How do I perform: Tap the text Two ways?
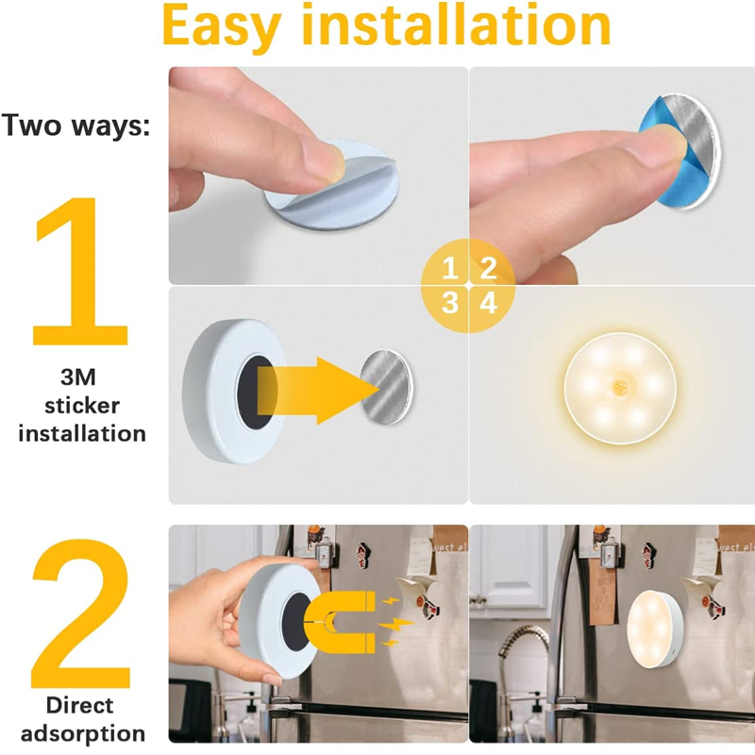76,126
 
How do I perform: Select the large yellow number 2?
82,613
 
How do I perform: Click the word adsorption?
83,732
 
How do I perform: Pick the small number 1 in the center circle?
450,269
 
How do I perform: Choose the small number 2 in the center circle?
488,269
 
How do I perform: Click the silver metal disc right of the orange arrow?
387,387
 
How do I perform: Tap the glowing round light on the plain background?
612,388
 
